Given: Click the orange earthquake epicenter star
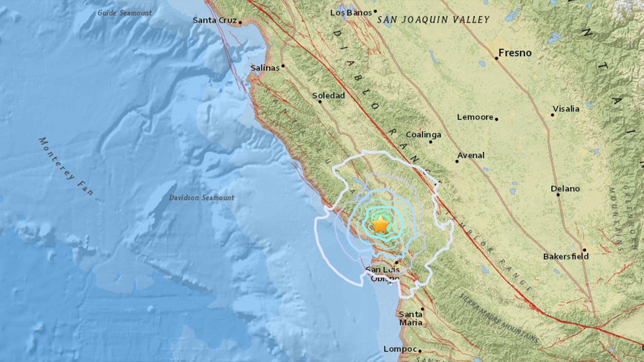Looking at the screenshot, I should tap(381, 224).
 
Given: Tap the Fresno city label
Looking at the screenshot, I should tap(515, 53).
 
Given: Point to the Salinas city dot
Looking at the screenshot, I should tap(283, 66).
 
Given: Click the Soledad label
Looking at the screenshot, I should tap(329, 95).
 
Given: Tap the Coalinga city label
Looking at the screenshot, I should tap(423, 135).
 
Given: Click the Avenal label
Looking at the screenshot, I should tap(470, 155).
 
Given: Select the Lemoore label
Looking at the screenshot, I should tap(474, 117).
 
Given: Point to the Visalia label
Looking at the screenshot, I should tap(566, 109).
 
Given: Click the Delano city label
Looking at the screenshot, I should tap(565, 189).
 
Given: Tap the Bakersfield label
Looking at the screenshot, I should tap(566, 256).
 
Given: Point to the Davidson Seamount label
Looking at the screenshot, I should tap(201, 198).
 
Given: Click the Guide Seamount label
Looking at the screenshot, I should tap(124, 13).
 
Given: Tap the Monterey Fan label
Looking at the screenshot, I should tap(66, 166).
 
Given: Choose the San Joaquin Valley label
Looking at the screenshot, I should tap(433, 20).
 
